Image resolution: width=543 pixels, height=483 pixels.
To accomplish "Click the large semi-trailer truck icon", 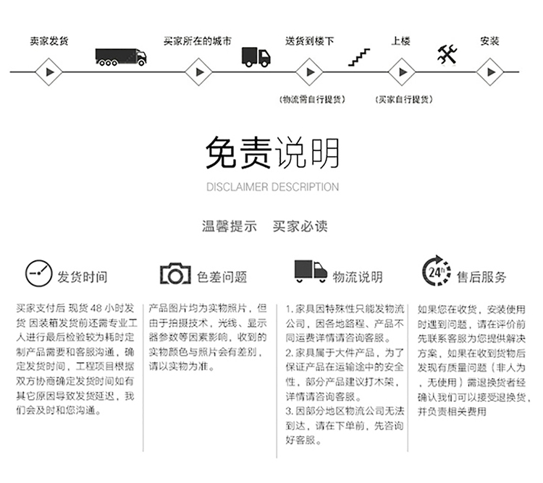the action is click(x=121, y=57).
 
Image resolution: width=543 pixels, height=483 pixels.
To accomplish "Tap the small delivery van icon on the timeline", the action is click(x=256, y=57).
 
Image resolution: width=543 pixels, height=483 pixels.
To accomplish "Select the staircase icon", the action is click(x=359, y=57).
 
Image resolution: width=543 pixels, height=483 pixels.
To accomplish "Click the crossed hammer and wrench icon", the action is click(x=447, y=55).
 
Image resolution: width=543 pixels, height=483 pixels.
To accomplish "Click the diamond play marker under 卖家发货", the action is click(x=49, y=72).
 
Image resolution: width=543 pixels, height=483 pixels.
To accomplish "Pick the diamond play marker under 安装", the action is click(x=490, y=72).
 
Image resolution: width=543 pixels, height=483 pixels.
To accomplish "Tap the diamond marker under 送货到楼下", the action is click(x=310, y=72).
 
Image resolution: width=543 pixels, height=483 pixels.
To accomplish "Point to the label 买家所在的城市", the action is click(x=198, y=41).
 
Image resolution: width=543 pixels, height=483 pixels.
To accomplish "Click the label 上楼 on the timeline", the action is click(x=400, y=41).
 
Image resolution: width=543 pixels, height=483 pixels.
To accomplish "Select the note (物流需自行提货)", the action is click(x=312, y=100).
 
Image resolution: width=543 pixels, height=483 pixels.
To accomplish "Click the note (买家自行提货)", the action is click(x=404, y=100).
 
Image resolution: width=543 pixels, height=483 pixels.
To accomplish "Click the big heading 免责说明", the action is click(x=272, y=153).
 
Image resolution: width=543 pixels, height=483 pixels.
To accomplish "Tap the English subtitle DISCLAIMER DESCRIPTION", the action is click(x=272, y=187).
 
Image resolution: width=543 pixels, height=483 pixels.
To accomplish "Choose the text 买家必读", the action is click(x=300, y=226).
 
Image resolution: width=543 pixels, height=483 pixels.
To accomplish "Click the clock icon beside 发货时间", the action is click(x=39, y=273).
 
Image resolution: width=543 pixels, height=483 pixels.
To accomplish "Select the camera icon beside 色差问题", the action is click(x=175, y=274).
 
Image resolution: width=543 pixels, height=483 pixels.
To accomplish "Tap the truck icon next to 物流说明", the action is click(x=311, y=271).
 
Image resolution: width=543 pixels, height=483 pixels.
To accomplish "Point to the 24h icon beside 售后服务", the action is click(x=437, y=270).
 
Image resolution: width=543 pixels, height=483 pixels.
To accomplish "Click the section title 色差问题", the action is click(x=222, y=277).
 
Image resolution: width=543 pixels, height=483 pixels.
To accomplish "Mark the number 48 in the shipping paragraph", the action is click(x=96, y=308).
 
